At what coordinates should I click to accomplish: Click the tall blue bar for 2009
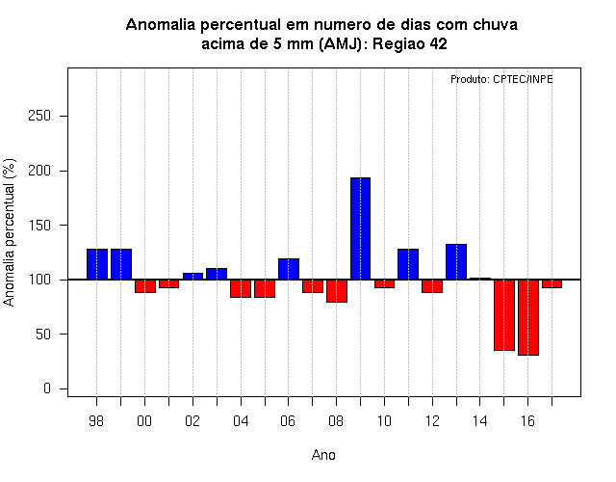click(360, 228)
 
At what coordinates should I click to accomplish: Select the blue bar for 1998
click(97, 264)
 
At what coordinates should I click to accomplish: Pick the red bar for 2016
click(528, 317)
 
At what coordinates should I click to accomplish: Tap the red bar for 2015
click(504, 315)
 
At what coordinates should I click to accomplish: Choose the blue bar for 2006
click(289, 269)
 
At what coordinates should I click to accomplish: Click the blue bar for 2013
click(456, 261)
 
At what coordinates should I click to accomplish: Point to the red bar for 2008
click(337, 291)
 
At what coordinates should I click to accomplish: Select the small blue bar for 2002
click(192, 277)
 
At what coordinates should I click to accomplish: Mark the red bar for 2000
click(145, 286)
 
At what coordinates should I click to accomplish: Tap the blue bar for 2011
click(408, 264)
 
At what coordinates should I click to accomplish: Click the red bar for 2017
click(552, 283)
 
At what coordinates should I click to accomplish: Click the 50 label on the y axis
click(43, 335)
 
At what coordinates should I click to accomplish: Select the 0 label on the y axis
click(47, 388)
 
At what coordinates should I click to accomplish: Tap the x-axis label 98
click(96, 421)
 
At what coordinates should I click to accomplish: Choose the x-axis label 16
click(527, 421)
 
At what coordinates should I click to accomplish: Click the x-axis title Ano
click(323, 455)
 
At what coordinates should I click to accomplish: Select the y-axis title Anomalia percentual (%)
click(9, 232)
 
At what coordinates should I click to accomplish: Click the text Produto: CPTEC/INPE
click(501, 79)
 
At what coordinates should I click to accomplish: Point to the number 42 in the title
click(439, 43)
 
